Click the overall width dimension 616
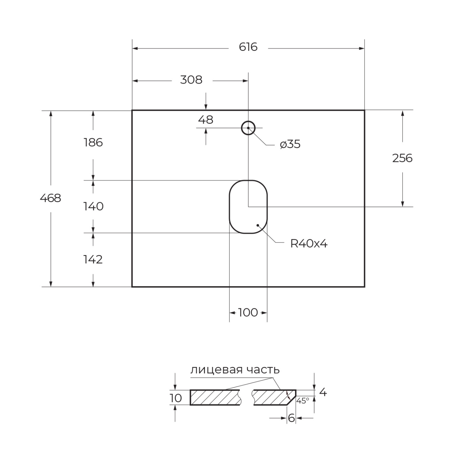[248, 47]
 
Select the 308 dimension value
[191, 80]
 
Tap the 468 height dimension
[51, 198]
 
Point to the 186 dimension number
[93, 143]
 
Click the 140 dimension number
[93, 206]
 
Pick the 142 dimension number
[93, 260]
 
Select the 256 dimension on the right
[402, 158]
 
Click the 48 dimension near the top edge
[206, 120]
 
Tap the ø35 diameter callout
[290, 144]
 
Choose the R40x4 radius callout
[309, 244]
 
